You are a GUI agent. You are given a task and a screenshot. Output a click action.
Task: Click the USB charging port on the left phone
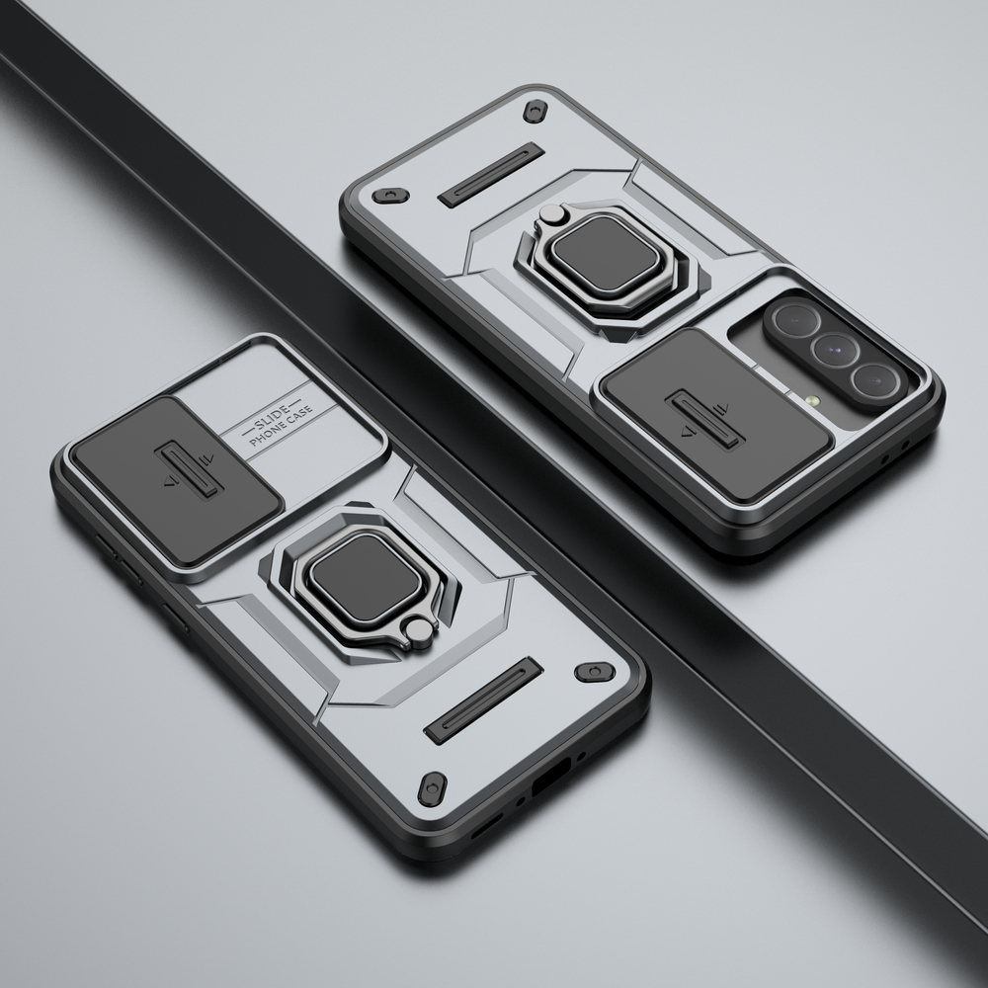click(545, 781)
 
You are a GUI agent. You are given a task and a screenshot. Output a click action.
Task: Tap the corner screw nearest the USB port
click(432, 787)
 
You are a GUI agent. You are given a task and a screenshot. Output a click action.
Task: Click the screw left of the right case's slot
click(394, 194)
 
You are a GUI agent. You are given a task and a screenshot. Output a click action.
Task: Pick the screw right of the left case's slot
click(592, 673)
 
